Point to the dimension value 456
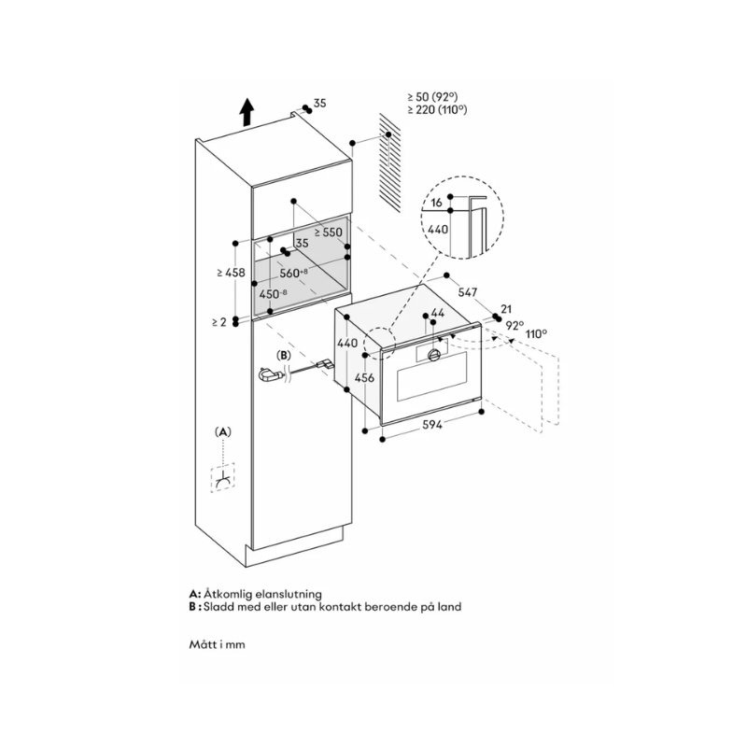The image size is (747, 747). [x=367, y=378]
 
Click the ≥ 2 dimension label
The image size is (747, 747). [x=218, y=322]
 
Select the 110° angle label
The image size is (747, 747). [x=536, y=332]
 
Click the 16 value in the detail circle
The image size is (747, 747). [x=436, y=202]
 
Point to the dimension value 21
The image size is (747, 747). [x=506, y=308]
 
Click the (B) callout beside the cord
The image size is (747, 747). [x=284, y=356]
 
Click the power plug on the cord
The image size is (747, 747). [x=269, y=375]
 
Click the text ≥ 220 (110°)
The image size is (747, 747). [x=437, y=110]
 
